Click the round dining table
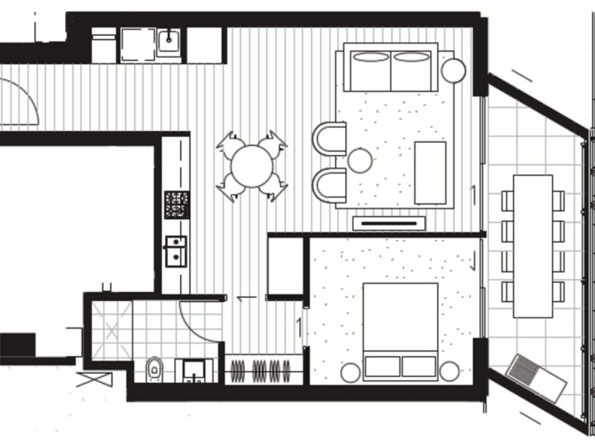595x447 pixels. pyautogui.click(x=251, y=166)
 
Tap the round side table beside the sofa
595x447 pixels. pyautogui.click(x=453, y=70)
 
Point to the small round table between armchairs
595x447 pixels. pyautogui.click(x=360, y=160)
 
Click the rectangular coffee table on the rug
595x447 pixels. pyautogui.click(x=430, y=172)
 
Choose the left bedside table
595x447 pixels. pyautogui.click(x=350, y=371)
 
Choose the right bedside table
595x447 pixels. pyautogui.click(x=449, y=370)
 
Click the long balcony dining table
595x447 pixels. pyautogui.click(x=533, y=246)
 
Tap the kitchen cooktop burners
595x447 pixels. pyautogui.click(x=177, y=204)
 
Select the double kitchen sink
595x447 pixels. pyautogui.click(x=176, y=251)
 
